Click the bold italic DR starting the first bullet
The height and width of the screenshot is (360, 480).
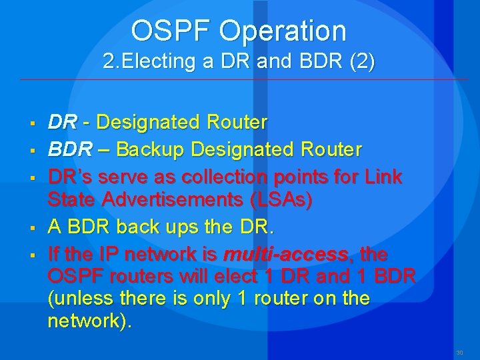pyautogui.click(x=61, y=123)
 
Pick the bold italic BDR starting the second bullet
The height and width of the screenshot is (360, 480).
pyautogui.click(x=70, y=149)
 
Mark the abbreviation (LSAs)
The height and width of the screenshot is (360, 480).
pyautogui.click(x=279, y=201)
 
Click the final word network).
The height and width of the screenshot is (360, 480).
pyautogui.click(x=90, y=321)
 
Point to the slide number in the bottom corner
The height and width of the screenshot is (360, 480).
pyautogui.click(x=459, y=353)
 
